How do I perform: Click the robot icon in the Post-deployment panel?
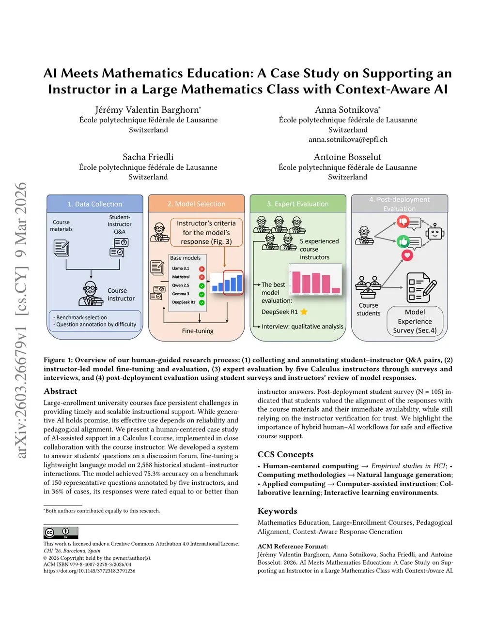[434, 232]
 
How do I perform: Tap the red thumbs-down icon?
[403, 222]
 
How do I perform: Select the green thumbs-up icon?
[403, 241]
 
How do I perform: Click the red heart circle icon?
[407, 255]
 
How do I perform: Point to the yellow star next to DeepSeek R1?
[304, 312]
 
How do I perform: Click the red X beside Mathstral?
[201, 277]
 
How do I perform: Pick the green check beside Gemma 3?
[201, 294]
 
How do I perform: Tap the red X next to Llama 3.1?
[201, 268]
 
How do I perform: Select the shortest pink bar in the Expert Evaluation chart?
[336, 291]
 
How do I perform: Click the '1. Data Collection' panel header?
[95, 204]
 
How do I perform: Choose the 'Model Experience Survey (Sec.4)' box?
[415, 321]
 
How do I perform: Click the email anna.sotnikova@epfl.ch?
[348, 140]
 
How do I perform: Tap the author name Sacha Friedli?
[148, 157]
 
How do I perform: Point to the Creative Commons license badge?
[61, 533]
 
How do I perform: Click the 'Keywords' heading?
[278, 511]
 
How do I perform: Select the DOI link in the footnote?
[89, 571]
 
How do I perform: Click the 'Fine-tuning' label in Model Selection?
[198, 331]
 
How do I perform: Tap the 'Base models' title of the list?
[185, 258]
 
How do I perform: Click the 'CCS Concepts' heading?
[285, 455]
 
